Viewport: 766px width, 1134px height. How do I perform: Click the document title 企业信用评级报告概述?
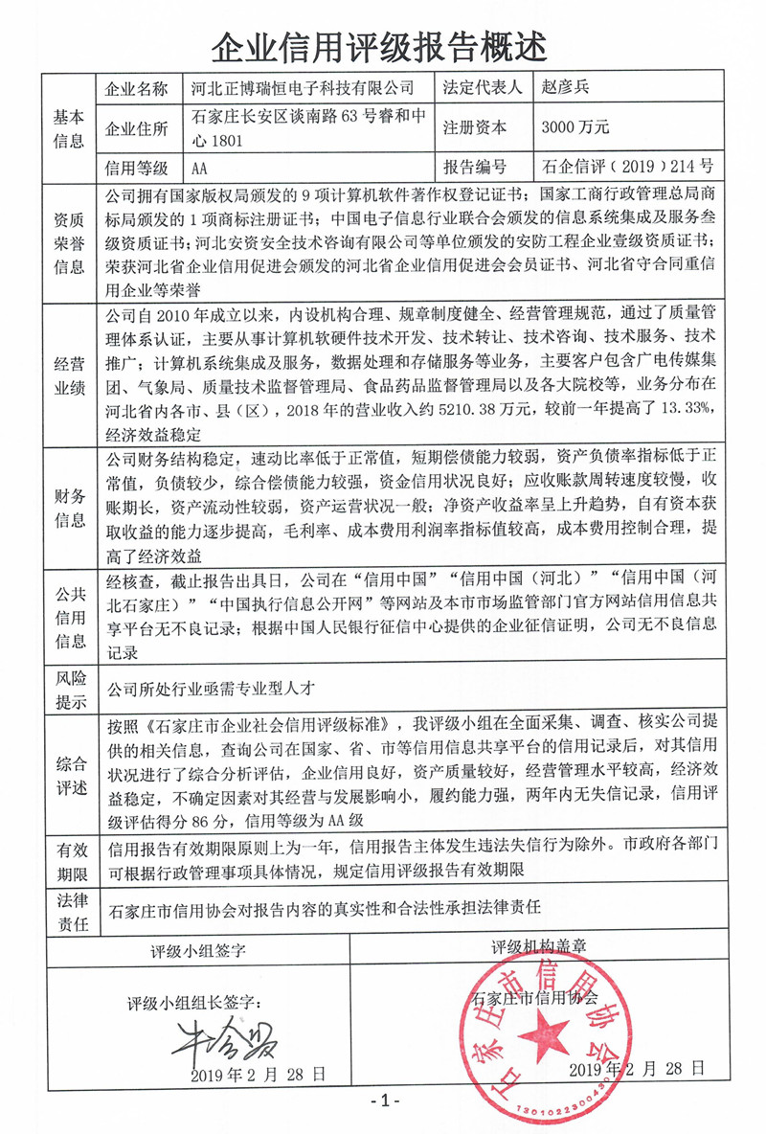(x=383, y=44)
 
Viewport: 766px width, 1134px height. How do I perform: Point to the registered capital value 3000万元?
(x=574, y=126)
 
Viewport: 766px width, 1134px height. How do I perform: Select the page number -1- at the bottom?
(x=383, y=1100)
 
